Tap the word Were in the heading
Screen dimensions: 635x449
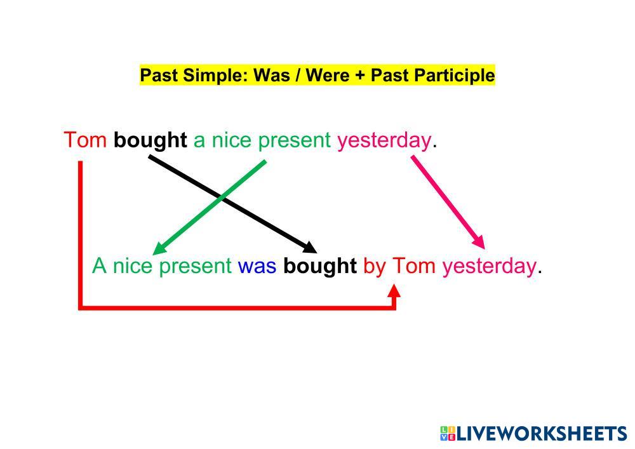tap(328, 76)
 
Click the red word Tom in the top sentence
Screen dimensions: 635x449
tap(85, 140)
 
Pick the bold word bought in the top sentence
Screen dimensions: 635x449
tap(150, 140)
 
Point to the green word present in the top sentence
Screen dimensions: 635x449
tap(295, 141)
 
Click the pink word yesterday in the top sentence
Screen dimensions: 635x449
tap(384, 141)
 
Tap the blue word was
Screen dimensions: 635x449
tap(257, 266)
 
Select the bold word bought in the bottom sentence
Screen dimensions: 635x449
tap(320, 266)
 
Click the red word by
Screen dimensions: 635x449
tap(375, 267)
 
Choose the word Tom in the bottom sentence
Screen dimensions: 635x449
tap(414, 266)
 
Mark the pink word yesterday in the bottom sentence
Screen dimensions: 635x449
tap(489, 267)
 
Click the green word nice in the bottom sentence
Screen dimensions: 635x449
tap(133, 266)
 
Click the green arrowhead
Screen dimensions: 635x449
tap(159, 248)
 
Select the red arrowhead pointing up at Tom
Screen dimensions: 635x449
tap(394, 292)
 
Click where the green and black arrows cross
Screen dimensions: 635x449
tap(222, 197)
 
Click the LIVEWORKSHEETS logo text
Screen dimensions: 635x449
tap(542, 434)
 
